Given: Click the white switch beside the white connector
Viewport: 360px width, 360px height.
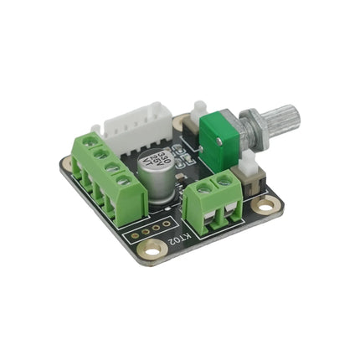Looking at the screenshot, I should pyautogui.click(x=199, y=111).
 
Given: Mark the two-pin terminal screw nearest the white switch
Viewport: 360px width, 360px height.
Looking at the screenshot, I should pyautogui.click(x=224, y=178).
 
